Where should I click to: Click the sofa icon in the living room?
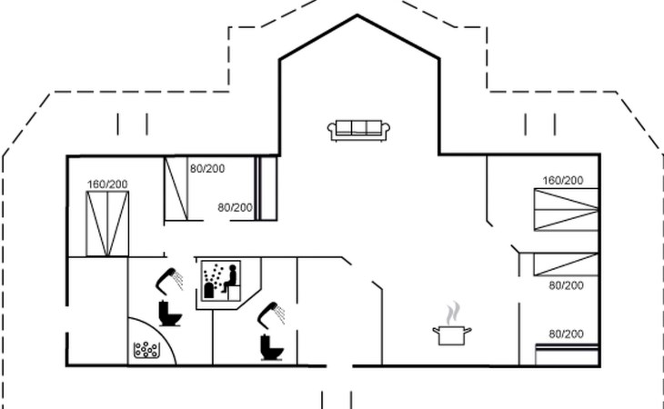coord(358,130)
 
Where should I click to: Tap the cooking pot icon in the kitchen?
coord(452,335)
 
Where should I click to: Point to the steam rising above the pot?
coord(453,313)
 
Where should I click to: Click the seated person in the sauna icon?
coord(230,279)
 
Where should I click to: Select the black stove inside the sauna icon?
coord(209,291)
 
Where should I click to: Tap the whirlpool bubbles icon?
coord(146,350)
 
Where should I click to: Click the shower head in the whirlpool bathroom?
coord(169,281)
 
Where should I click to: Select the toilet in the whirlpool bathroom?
coord(170,314)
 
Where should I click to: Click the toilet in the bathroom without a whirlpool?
coord(271,347)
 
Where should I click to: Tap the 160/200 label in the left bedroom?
coord(107,185)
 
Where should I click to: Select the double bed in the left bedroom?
coord(107,224)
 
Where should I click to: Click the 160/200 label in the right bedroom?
coord(563,181)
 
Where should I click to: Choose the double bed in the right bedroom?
coord(566,209)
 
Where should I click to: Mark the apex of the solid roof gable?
coord(357,15)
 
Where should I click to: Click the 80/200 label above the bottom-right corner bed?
coord(566,334)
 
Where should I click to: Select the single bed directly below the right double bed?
coord(566,264)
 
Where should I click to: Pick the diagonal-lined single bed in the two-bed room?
coord(176,189)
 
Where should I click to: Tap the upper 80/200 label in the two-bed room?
coord(207,169)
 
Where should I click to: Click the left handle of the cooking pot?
coord(436,330)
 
